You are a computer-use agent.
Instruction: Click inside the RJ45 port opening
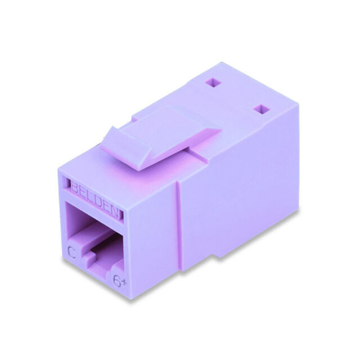(93, 225)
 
